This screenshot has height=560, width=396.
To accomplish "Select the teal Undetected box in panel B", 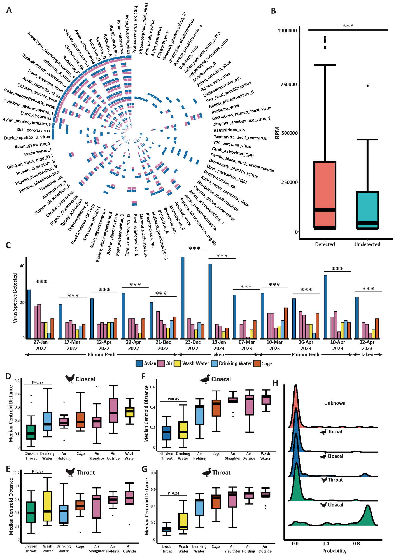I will click(x=367, y=210).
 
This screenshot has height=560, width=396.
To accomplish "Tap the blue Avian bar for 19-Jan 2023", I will click(x=210, y=301).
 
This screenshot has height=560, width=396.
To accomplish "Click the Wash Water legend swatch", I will click(x=177, y=363).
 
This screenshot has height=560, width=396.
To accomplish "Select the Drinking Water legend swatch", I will click(x=214, y=363).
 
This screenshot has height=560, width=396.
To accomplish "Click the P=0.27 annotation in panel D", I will click(x=38, y=382).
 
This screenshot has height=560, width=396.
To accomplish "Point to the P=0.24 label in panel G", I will click(x=173, y=493).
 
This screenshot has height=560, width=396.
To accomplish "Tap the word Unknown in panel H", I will click(x=335, y=403).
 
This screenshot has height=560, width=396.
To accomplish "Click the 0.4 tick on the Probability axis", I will click(x=326, y=543).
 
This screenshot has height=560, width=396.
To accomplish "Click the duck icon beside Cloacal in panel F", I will click(x=205, y=379).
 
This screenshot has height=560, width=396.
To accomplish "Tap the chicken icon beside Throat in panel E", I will click(x=70, y=472).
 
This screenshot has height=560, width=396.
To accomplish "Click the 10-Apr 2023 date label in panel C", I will click(x=337, y=345).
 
